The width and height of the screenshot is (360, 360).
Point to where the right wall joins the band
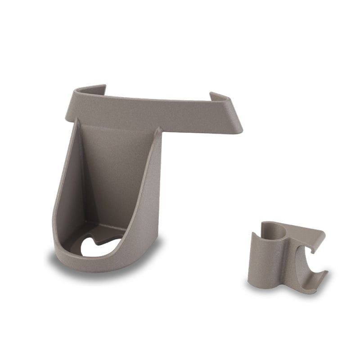click(158, 130)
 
